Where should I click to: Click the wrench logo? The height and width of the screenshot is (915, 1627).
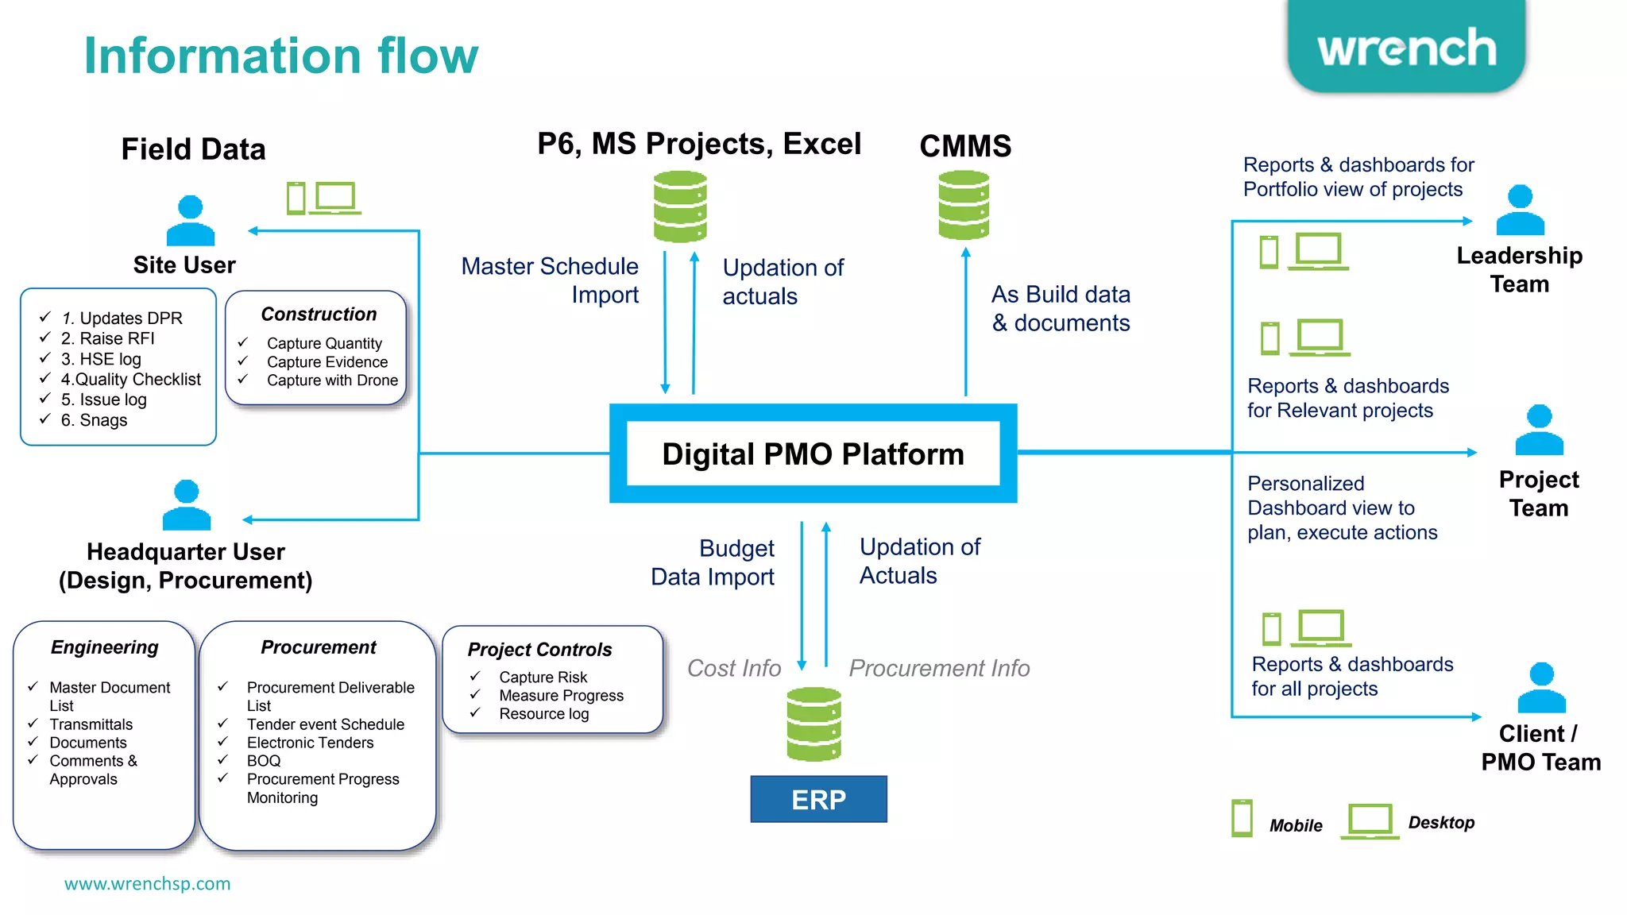(x=1406, y=48)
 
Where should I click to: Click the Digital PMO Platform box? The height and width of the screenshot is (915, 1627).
(x=813, y=454)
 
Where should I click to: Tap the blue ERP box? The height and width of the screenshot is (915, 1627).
(x=818, y=799)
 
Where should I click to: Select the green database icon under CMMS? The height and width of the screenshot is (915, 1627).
(x=964, y=205)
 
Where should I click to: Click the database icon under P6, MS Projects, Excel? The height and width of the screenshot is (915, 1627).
(x=680, y=207)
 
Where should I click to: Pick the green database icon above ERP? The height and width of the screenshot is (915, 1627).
(x=813, y=724)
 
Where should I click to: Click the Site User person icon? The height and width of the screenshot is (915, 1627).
(x=190, y=221)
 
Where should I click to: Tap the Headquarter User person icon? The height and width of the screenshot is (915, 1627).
(x=187, y=505)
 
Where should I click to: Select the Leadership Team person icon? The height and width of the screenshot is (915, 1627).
(x=1520, y=210)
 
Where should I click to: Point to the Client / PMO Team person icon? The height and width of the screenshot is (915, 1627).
(x=1541, y=688)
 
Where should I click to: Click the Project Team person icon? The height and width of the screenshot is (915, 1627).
(x=1539, y=430)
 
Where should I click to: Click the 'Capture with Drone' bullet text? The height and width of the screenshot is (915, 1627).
(x=332, y=380)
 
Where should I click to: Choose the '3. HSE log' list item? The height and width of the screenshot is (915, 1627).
(x=101, y=359)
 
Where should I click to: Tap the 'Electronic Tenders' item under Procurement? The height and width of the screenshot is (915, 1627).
(x=310, y=743)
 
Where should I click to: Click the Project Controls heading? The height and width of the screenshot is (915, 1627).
(x=539, y=650)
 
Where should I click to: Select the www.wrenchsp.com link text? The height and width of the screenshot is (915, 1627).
(x=147, y=883)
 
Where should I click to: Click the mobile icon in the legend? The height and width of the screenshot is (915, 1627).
(x=1242, y=818)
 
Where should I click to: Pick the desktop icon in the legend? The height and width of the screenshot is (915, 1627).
(x=1370, y=820)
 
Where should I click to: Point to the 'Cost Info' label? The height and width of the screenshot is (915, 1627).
(x=733, y=668)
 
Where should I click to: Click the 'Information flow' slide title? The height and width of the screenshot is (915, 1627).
(x=281, y=56)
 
